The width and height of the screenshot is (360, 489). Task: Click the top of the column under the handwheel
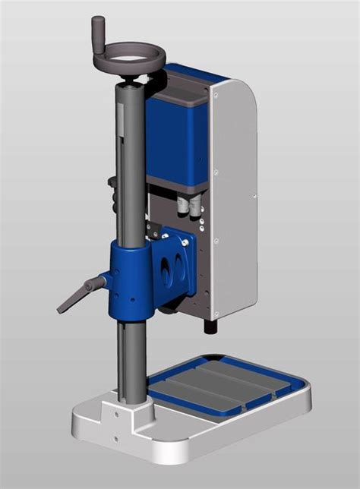tap(128, 90)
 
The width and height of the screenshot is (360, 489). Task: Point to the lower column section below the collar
tap(131, 357)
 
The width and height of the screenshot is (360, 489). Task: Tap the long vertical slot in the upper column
tap(122, 159)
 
